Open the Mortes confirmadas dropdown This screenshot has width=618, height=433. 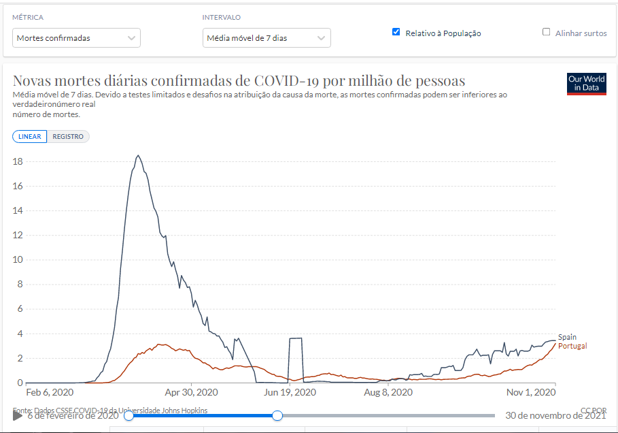(76, 38)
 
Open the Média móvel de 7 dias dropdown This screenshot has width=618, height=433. (267, 38)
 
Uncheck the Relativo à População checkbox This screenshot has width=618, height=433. (396, 32)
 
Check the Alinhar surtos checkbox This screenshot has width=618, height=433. (546, 32)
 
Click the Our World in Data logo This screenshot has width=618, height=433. (586, 84)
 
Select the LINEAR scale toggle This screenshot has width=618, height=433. (30, 136)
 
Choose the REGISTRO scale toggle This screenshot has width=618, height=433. (68, 136)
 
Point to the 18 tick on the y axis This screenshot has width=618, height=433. (18, 161)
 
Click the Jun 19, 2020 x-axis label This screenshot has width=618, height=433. (290, 393)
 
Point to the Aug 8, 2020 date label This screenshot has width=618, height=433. (388, 393)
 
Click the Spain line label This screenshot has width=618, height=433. (567, 337)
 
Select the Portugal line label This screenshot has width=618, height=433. (572, 346)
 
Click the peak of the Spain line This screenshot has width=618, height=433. (138, 156)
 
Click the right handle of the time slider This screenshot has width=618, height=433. (277, 415)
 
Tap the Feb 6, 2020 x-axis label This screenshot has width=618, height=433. (50, 393)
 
